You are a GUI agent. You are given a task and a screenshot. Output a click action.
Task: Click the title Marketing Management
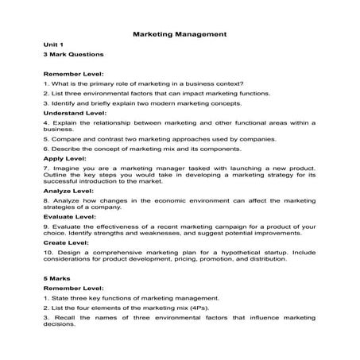coord(180,35)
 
